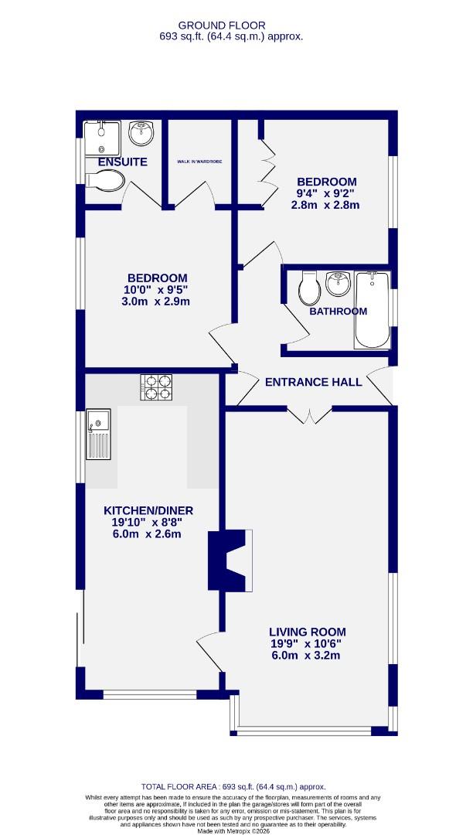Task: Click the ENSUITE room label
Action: click(122, 162)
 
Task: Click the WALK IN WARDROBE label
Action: click(199, 162)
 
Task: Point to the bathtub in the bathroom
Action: click(373, 311)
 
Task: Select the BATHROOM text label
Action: click(338, 312)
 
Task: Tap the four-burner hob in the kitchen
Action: click(156, 387)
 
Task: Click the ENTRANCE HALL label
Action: click(313, 382)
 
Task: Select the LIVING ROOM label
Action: click(307, 631)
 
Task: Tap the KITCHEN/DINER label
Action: click(148, 510)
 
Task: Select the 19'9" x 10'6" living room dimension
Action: click(307, 643)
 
